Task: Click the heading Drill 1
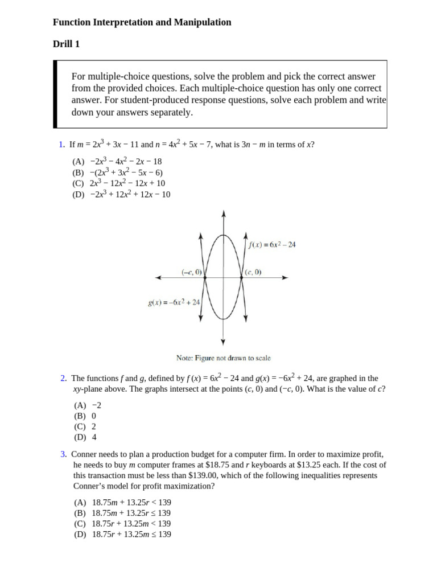[70, 44]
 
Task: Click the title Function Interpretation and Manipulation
[142, 22]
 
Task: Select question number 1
[61, 145]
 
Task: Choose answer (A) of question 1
[117, 162]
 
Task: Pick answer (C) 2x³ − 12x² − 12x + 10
[119, 183]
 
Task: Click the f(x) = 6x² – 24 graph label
[272, 245]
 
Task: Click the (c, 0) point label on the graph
[253, 272]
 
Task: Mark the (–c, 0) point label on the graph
[192, 272]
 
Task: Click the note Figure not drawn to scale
[224, 358]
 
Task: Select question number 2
[63, 378]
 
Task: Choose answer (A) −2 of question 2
[88, 405]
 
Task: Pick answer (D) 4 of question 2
[85, 437]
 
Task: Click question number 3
[63, 454]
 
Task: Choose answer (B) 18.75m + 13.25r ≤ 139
[123, 513]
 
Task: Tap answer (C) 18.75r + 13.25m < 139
[122, 524]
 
